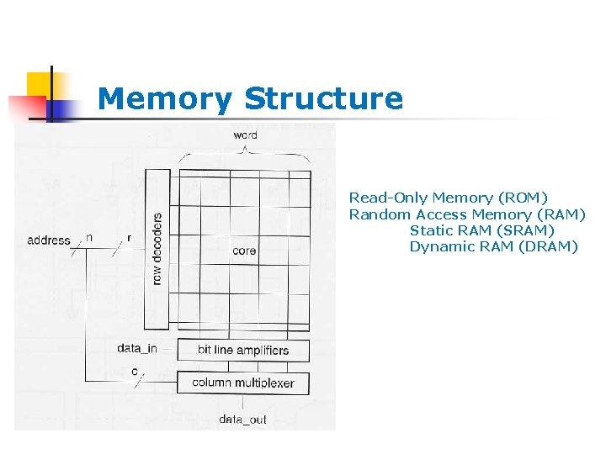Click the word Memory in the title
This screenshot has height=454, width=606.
point(164,99)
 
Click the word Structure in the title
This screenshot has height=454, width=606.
point(323,99)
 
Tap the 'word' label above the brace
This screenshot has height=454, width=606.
point(245,135)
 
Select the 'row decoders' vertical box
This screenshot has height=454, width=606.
point(157,227)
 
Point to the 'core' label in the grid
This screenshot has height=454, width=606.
point(244,251)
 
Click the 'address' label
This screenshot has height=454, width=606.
point(49,240)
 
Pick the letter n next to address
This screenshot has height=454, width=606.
point(89,238)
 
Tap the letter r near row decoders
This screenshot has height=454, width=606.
point(129,238)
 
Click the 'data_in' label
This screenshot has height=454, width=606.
point(137,348)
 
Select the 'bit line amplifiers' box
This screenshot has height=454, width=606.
point(243,351)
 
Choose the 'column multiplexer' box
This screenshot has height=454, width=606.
point(243,383)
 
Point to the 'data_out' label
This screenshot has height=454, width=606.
point(242,419)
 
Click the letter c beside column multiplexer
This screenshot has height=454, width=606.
point(135,371)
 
